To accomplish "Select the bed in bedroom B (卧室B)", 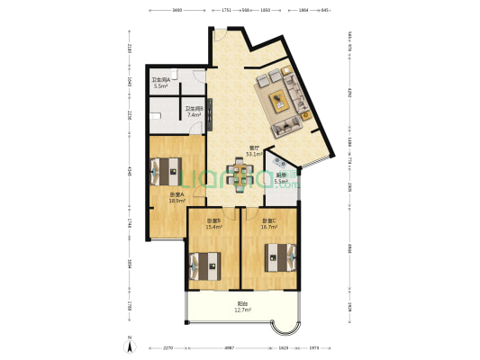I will [204, 265].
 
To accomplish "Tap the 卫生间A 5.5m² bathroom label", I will [162, 84].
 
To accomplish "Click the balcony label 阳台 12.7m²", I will [244, 306].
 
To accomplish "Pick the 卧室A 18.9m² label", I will [177, 198].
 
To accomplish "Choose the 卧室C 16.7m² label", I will [269, 224].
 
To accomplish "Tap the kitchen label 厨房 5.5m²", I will [282, 178].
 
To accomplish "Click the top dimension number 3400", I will [177, 9].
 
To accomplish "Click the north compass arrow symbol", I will [130, 346].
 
